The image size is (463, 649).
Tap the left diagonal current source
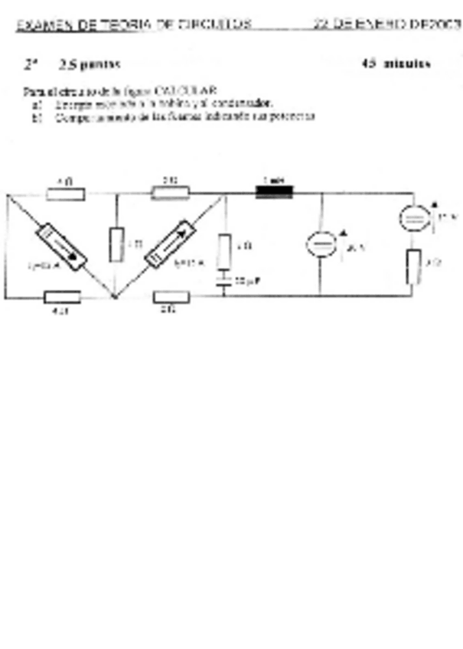click(x=62, y=246)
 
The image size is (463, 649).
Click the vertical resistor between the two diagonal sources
click(x=116, y=245)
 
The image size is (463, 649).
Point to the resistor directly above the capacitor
click(x=224, y=252)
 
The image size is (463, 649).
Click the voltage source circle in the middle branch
click(x=321, y=244)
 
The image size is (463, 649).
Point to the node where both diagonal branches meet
click(x=113, y=297)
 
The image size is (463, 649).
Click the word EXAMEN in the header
click(x=35, y=24)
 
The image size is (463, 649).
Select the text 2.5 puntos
click(x=90, y=64)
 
